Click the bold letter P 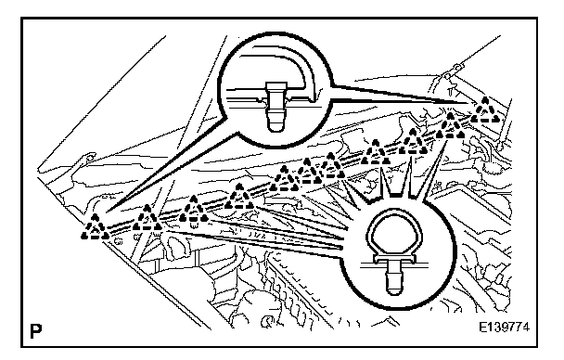pyautogui.click(x=35, y=331)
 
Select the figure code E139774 pyautogui.click(x=504, y=328)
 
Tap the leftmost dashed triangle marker pyautogui.click(x=95, y=226)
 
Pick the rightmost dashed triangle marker pyautogui.click(x=485, y=109)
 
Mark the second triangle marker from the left pyautogui.click(x=147, y=218)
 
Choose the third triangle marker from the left pyautogui.click(x=194, y=209)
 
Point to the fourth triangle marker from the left pyautogui.click(x=239, y=197)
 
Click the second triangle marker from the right pyautogui.click(x=451, y=125)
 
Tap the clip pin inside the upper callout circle pyautogui.click(x=276, y=106)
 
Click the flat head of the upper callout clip pyautogui.click(x=276, y=86)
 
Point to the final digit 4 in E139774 pyautogui.click(x=525, y=328)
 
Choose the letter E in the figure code pyautogui.click(x=482, y=328)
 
